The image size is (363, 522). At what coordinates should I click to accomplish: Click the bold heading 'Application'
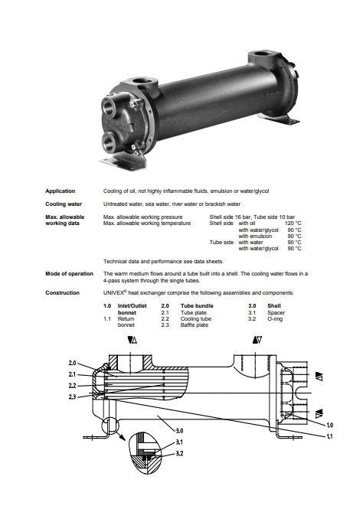[60, 191]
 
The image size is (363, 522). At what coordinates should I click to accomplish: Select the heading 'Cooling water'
[64, 204]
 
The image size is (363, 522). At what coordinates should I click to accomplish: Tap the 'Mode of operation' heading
[69, 274]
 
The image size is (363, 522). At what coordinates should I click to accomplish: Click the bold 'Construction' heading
[62, 293]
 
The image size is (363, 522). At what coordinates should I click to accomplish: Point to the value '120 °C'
[293, 223]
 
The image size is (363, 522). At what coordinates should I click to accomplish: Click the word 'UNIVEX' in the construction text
[113, 293]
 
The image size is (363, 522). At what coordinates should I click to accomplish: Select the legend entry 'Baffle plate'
[195, 325]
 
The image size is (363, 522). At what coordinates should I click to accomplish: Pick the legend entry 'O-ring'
[275, 319]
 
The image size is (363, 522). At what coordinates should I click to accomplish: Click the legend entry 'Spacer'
[276, 312]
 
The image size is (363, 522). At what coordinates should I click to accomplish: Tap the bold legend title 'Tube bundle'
[197, 306]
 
